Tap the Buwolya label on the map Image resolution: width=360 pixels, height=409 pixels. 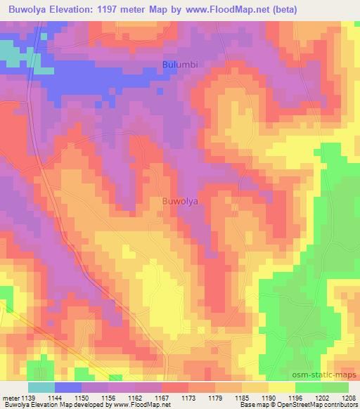tap(180, 201)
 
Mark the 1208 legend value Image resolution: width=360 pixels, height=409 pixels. tap(349, 397)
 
